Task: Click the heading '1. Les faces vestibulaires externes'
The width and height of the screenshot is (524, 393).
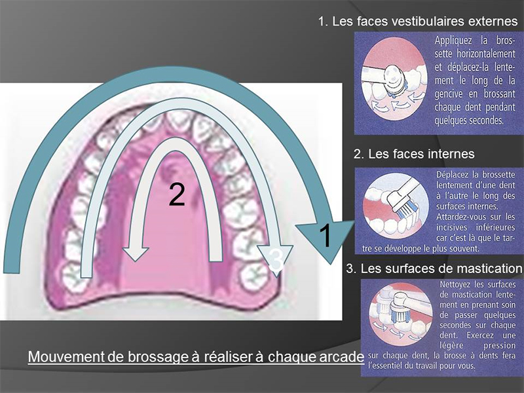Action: [417, 22]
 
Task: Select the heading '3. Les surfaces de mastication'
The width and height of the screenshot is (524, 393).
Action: [435, 268]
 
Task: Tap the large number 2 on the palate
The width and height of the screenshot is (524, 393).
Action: [177, 195]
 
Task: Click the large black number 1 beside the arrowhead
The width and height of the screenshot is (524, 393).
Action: [328, 235]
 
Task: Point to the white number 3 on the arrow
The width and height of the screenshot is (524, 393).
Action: [276, 260]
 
